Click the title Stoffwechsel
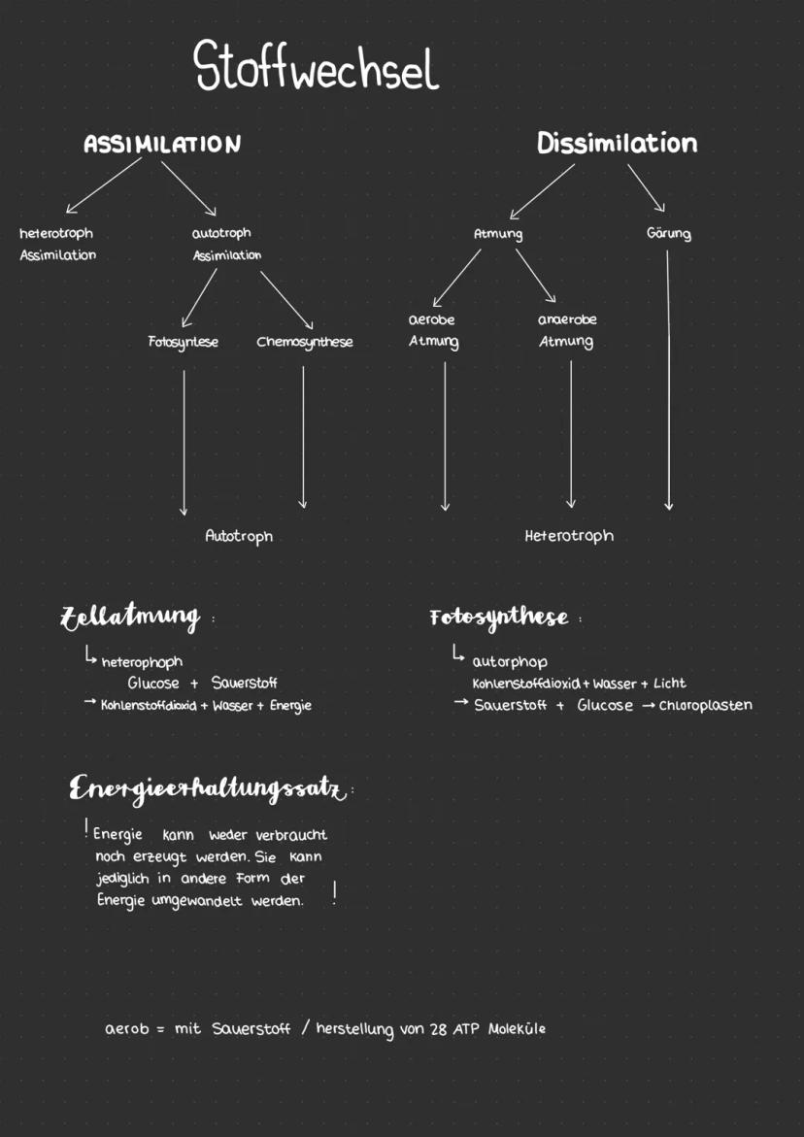pyautogui.click(x=317, y=68)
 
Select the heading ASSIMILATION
pyautogui.click(x=162, y=145)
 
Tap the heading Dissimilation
pyautogui.click(x=617, y=144)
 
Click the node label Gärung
pyautogui.click(x=668, y=234)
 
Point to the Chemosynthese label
pyautogui.click(x=305, y=342)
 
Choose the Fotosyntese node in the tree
pyautogui.click(x=183, y=342)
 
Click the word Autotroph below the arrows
pyautogui.click(x=239, y=536)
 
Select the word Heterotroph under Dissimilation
pyautogui.click(x=569, y=536)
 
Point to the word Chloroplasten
pyautogui.click(x=705, y=705)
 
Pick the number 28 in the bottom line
pyautogui.click(x=438, y=1029)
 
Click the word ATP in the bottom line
pyautogui.click(x=468, y=1029)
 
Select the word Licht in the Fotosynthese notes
pyautogui.click(x=669, y=684)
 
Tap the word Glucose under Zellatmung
pyautogui.click(x=153, y=684)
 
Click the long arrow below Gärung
pyautogui.click(x=668, y=379)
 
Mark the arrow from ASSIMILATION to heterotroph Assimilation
pyautogui.click(x=103, y=185)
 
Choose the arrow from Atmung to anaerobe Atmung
pyautogui.click(x=535, y=276)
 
